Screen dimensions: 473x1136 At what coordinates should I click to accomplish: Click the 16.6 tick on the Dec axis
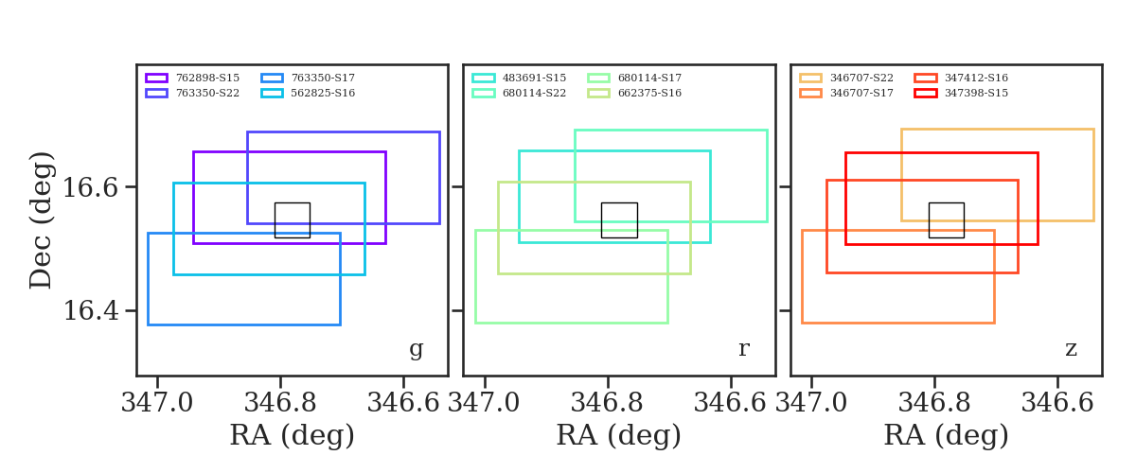pos(91,187)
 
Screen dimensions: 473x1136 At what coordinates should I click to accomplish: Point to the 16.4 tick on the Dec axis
pos(91,310)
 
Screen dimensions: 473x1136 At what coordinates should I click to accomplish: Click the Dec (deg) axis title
pos(41,220)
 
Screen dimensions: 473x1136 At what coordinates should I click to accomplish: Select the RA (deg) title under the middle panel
pos(618,436)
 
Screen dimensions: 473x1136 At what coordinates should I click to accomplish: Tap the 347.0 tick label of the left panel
pos(157,402)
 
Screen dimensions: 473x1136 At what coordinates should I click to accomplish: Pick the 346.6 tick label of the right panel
pos(1057,402)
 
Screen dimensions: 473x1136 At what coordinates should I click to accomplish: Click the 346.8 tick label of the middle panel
pos(608,402)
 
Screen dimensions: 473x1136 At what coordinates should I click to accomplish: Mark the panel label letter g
pos(416,349)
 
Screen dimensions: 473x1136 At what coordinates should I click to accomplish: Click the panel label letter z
pos(1071,349)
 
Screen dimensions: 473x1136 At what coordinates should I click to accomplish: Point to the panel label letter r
pos(743,349)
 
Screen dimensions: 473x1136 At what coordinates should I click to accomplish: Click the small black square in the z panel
pos(946,219)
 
